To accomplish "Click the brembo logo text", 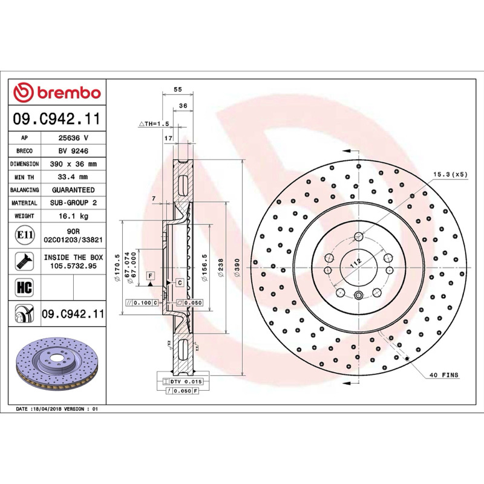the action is click(x=69, y=93).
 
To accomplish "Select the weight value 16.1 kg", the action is click(x=73, y=216).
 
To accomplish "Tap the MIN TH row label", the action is click(x=24, y=177).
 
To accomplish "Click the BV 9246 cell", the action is click(x=73, y=151).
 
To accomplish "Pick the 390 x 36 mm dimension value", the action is click(x=73, y=164).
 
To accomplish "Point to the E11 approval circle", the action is click(x=25, y=235).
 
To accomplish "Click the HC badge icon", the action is click(x=24, y=287).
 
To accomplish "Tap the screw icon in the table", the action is click(x=24, y=261).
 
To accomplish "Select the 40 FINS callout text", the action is click(x=444, y=375).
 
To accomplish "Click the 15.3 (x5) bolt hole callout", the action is click(x=450, y=174).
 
